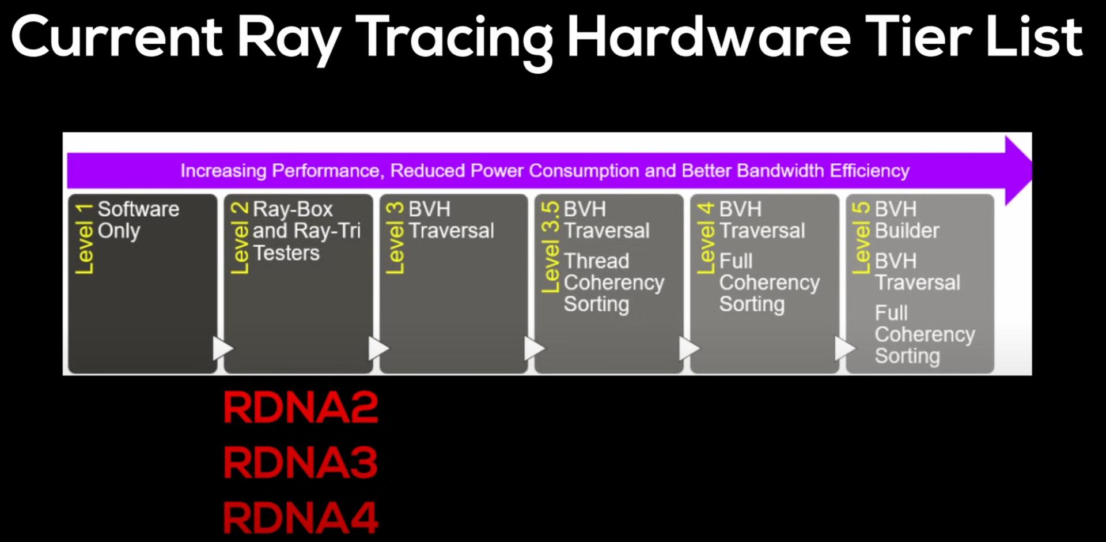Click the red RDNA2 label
(301, 407)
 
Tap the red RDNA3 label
(301, 462)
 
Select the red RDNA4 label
(301, 517)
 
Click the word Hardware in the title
(709, 37)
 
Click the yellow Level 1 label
(84, 238)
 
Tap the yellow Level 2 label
(240, 238)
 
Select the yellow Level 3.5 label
(551, 247)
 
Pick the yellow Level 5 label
(861, 238)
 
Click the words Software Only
(138, 220)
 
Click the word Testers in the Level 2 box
(286, 253)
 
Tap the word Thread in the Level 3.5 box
(596, 261)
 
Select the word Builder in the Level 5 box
(907, 231)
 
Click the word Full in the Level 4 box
(736, 261)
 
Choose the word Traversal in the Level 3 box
(452, 231)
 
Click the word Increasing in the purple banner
(224, 171)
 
